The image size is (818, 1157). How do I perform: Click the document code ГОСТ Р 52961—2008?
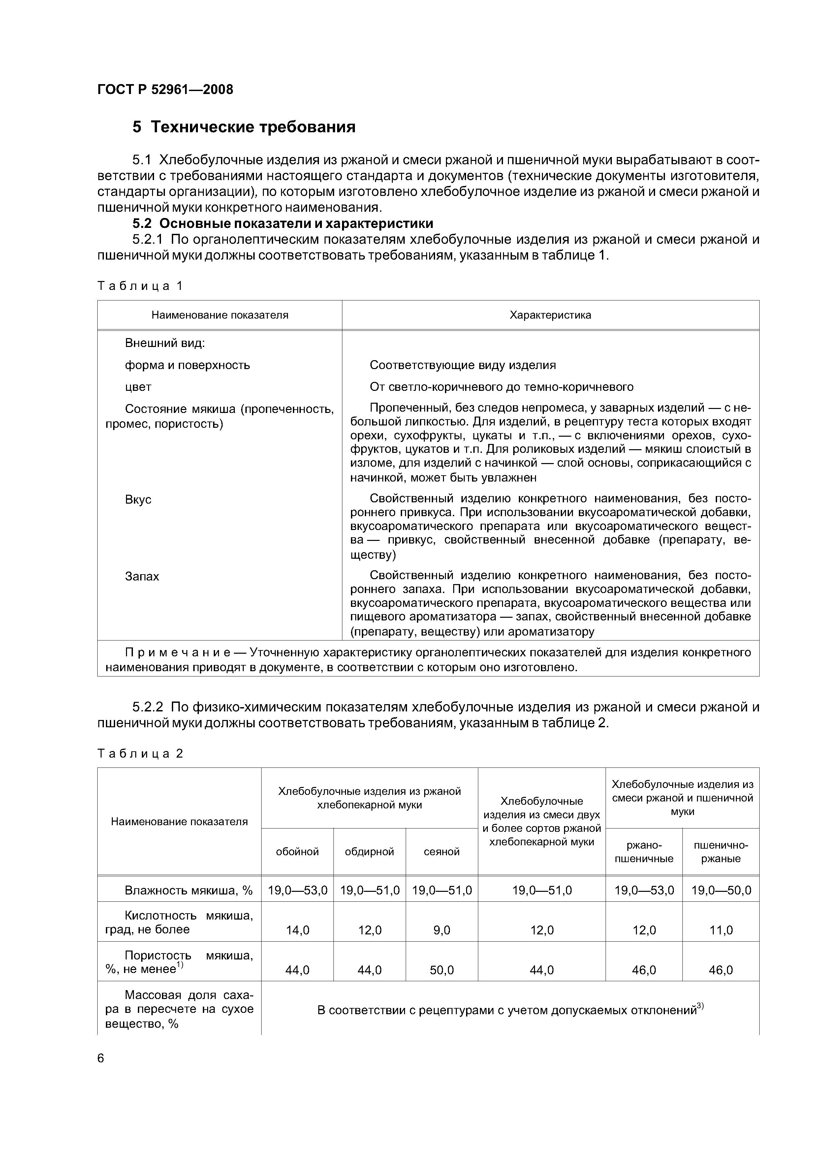pos(165,90)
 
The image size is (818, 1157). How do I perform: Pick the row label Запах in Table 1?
pos(142,577)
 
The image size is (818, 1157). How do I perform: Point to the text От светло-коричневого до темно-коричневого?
pos(501,387)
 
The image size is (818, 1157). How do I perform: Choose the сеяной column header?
pos(442,852)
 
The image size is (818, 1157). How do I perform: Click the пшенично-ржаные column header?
pos(720,852)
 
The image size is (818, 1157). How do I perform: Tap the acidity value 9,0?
pos(442,930)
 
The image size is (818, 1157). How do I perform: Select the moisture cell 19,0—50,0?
pos(721,891)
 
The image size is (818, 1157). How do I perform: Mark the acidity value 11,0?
pos(721,930)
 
